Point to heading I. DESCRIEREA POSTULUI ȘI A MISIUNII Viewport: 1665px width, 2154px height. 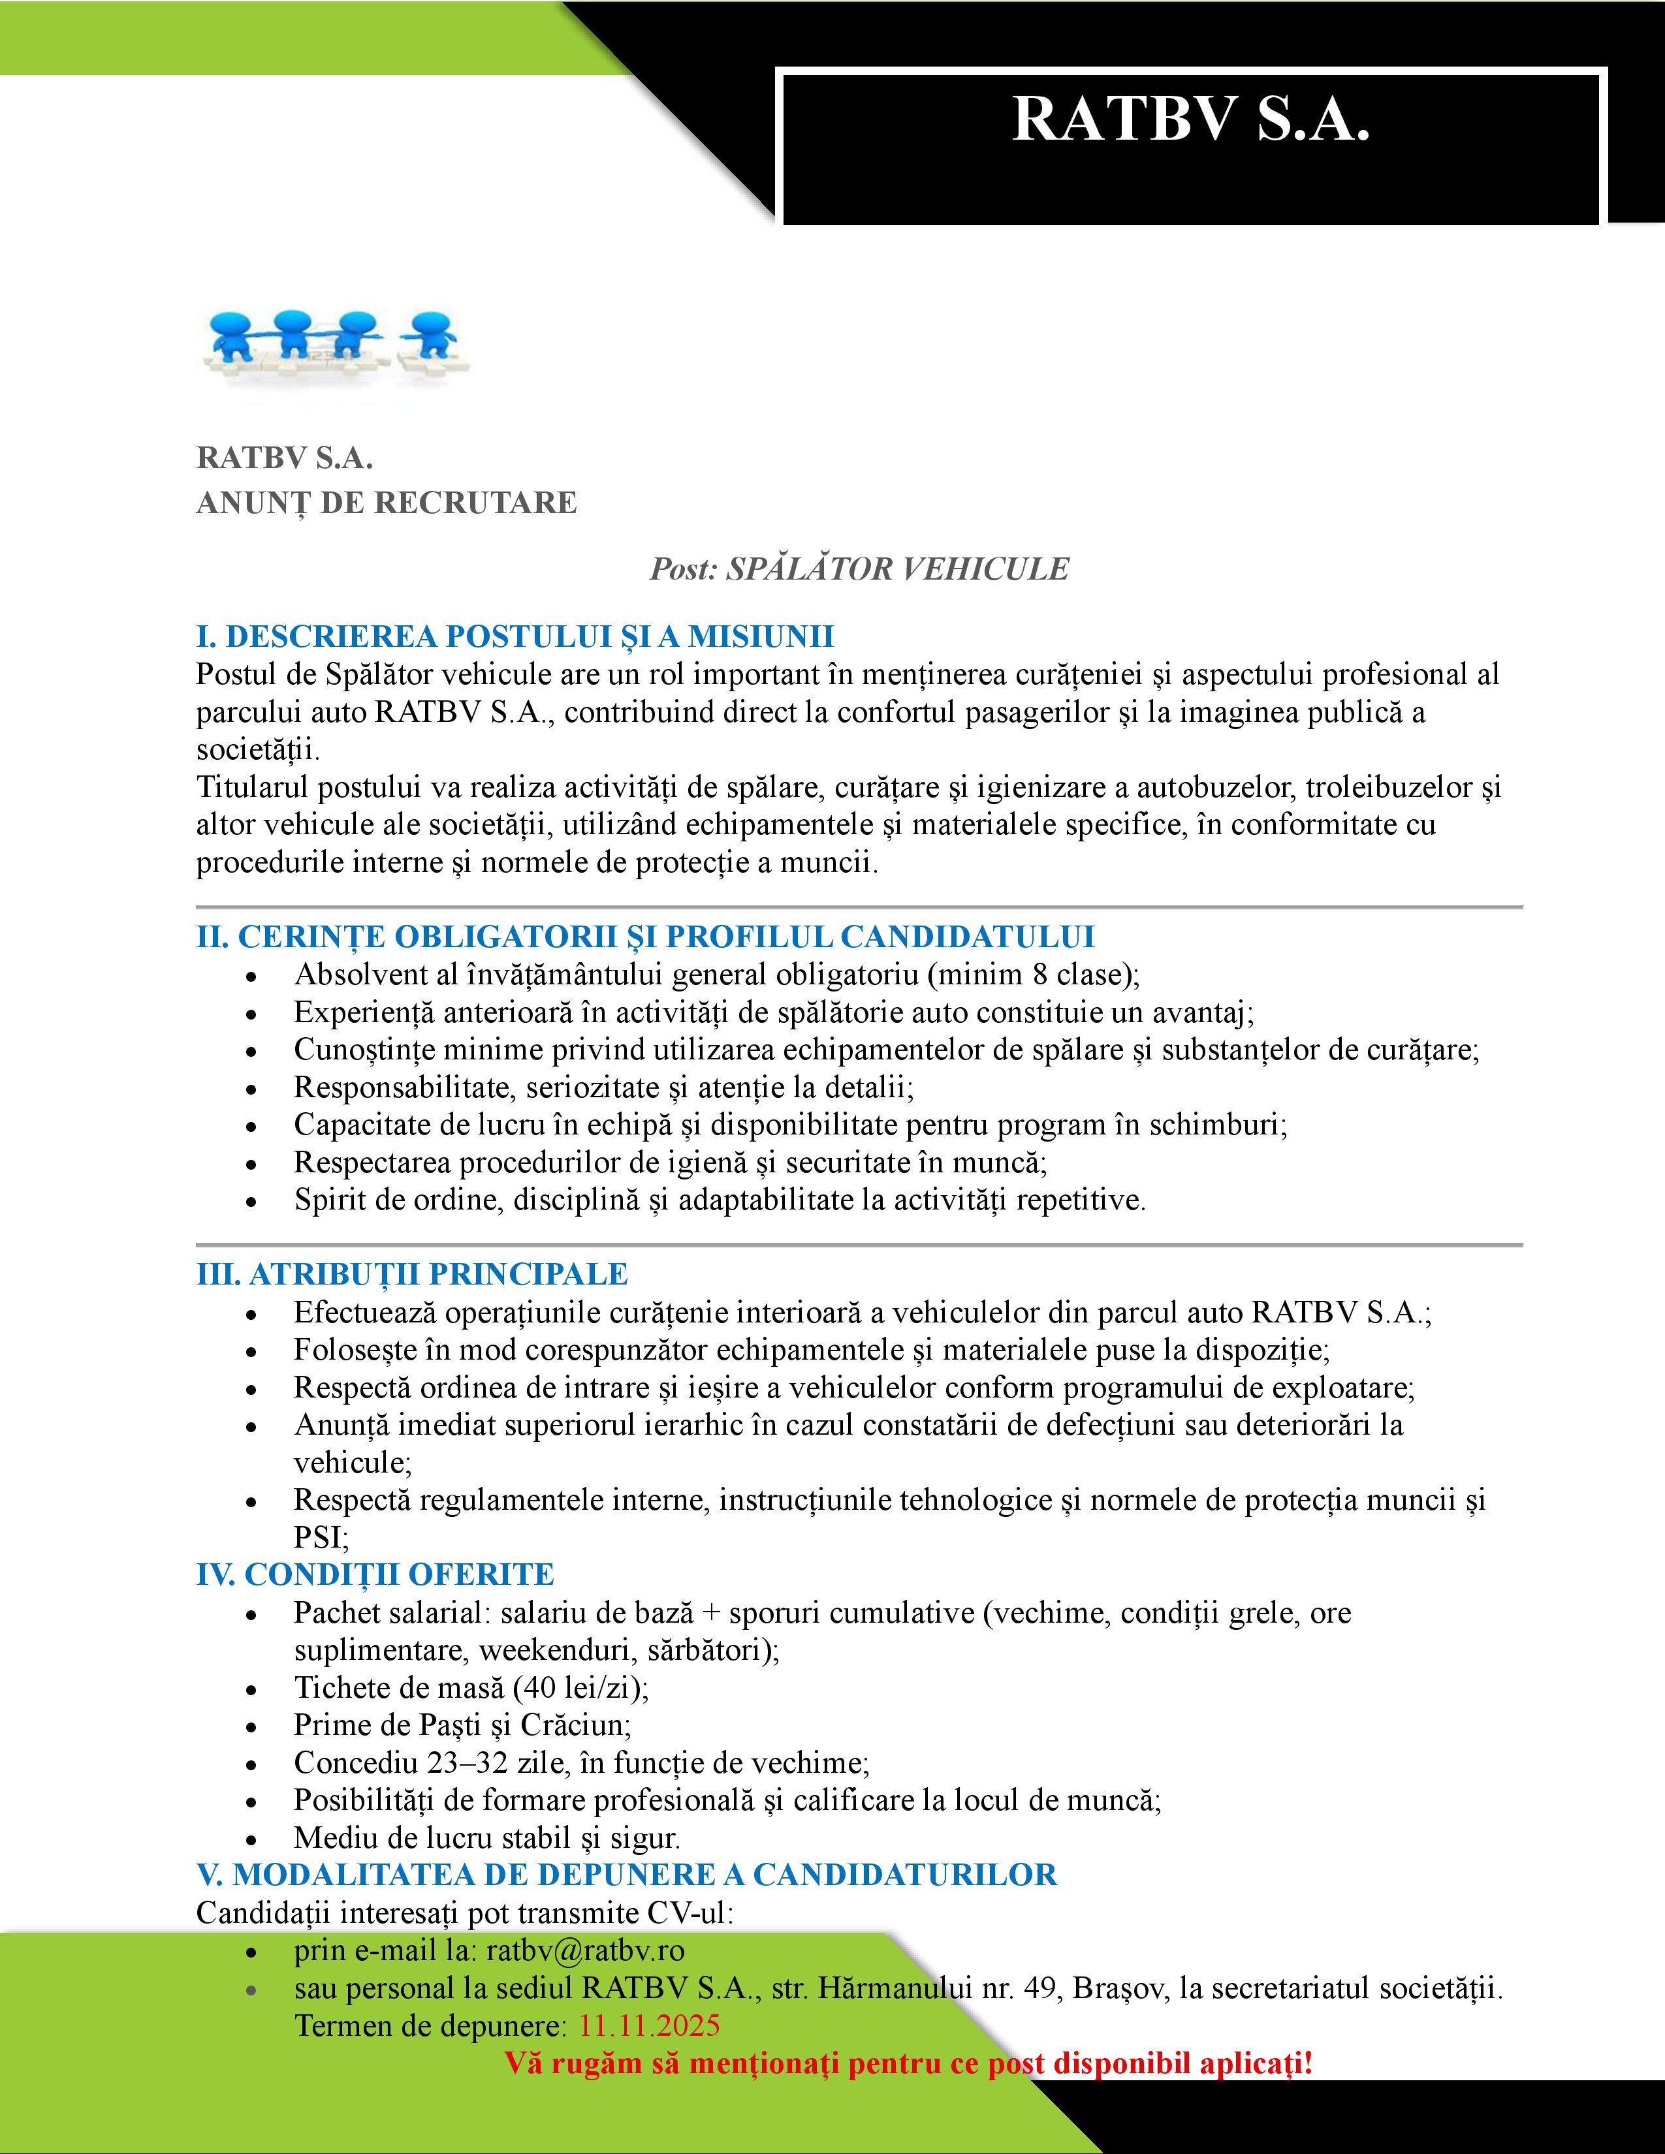[x=515, y=636]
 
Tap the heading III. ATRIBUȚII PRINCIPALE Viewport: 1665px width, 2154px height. [x=411, y=1273]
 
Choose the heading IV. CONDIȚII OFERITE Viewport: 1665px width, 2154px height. [x=375, y=1574]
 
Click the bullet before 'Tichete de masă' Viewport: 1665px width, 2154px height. [x=253, y=1689]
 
